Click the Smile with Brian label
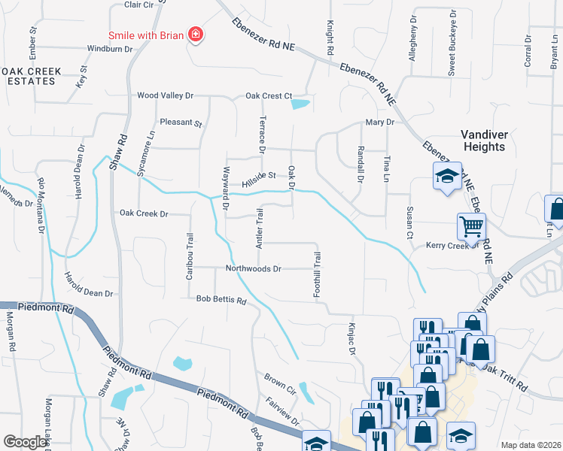click(146, 35)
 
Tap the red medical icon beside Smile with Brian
click(196, 34)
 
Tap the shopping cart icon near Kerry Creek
click(471, 225)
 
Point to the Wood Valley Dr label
click(165, 95)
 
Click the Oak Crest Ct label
click(269, 95)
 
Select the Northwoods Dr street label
click(254, 268)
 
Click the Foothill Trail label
click(317, 273)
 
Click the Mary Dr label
click(379, 122)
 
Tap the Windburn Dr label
click(109, 49)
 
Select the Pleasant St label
click(181, 123)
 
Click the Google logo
click(26, 443)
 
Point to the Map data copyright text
click(531, 445)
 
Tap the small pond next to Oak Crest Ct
click(301, 104)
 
